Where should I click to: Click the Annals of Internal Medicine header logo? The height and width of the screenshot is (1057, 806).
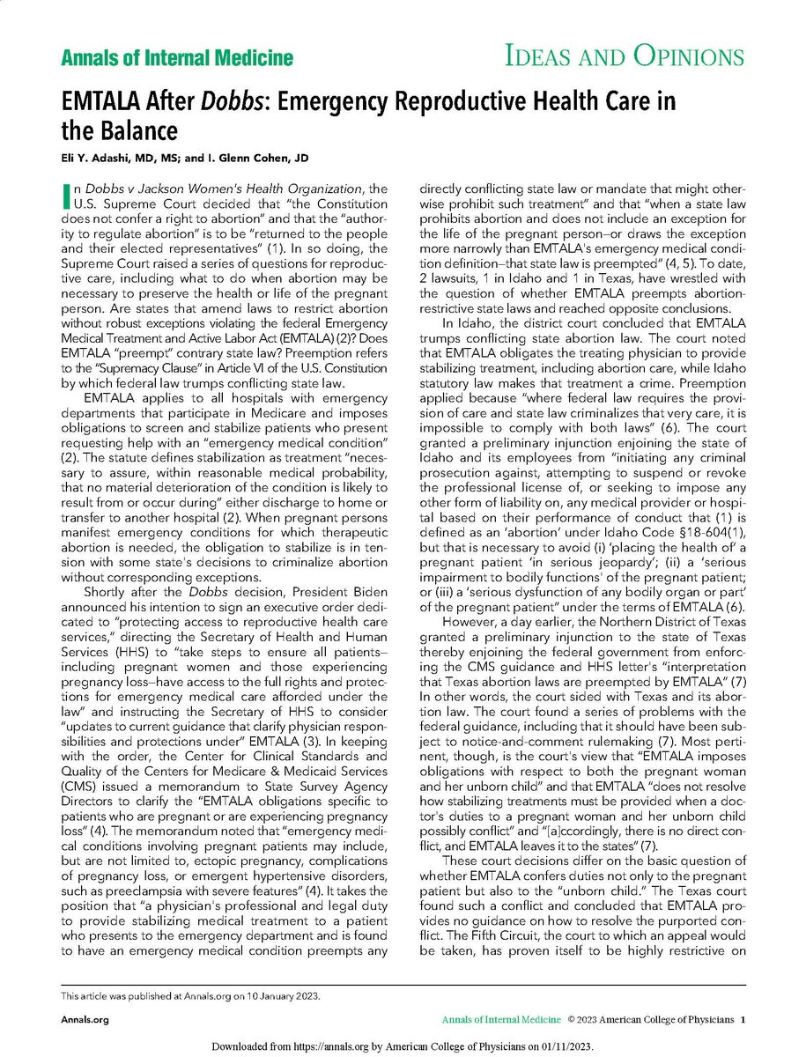pyautogui.click(x=176, y=59)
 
